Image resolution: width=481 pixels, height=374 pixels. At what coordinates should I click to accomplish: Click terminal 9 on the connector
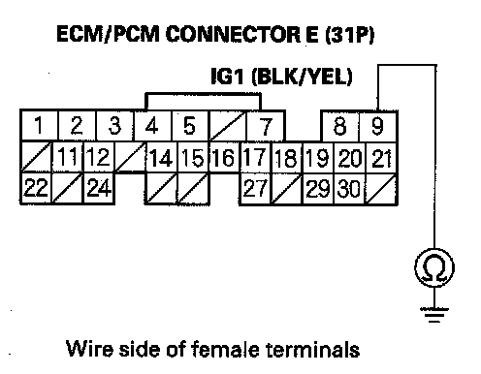coord(377,126)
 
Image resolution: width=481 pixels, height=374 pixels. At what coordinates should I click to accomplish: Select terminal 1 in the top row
coord(39,125)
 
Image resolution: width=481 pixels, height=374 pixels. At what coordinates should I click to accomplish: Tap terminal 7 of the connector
coord(265,126)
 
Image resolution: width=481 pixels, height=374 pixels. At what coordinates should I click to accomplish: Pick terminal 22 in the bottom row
coord(36,188)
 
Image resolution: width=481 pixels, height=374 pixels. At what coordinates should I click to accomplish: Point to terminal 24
coord(99,188)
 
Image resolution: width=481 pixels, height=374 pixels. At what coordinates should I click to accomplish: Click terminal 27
coord(255,188)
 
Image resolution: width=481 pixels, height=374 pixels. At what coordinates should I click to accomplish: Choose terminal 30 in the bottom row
coord(349,188)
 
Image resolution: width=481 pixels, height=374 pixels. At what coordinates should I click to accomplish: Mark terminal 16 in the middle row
coord(224,157)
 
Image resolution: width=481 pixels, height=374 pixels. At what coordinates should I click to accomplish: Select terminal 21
coord(381,157)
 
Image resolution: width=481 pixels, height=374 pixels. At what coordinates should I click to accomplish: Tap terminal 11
coord(68,157)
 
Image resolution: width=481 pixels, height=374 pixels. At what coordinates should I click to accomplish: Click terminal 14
coord(161,157)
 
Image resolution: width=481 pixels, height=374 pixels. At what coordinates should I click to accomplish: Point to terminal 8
coord(340,126)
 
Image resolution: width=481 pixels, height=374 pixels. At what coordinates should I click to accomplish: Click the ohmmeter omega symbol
coord(434,267)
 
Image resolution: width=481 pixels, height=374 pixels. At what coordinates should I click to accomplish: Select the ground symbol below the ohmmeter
coord(434,315)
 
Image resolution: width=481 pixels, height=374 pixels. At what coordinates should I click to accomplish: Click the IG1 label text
coord(227,77)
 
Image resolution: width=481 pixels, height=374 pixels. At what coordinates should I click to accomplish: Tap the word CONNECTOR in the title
coord(233,34)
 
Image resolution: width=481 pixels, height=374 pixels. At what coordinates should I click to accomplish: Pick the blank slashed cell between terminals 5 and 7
coord(227,126)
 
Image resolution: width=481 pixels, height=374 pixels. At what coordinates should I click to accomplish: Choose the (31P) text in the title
coord(349,35)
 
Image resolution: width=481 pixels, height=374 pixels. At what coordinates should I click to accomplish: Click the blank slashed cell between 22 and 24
coord(67,188)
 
